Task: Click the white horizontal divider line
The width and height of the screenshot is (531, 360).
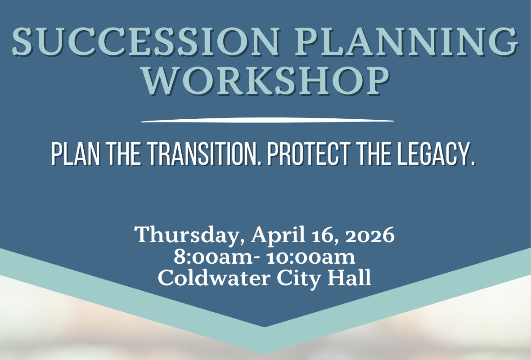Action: click(267, 120)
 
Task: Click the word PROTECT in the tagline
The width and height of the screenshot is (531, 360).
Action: click(309, 154)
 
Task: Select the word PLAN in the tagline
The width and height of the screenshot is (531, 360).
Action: click(76, 154)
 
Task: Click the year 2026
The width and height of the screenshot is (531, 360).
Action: click(370, 235)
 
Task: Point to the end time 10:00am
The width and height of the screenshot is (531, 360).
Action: click(311, 257)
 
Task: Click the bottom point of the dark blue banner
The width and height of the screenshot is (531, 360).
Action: click(265, 327)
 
